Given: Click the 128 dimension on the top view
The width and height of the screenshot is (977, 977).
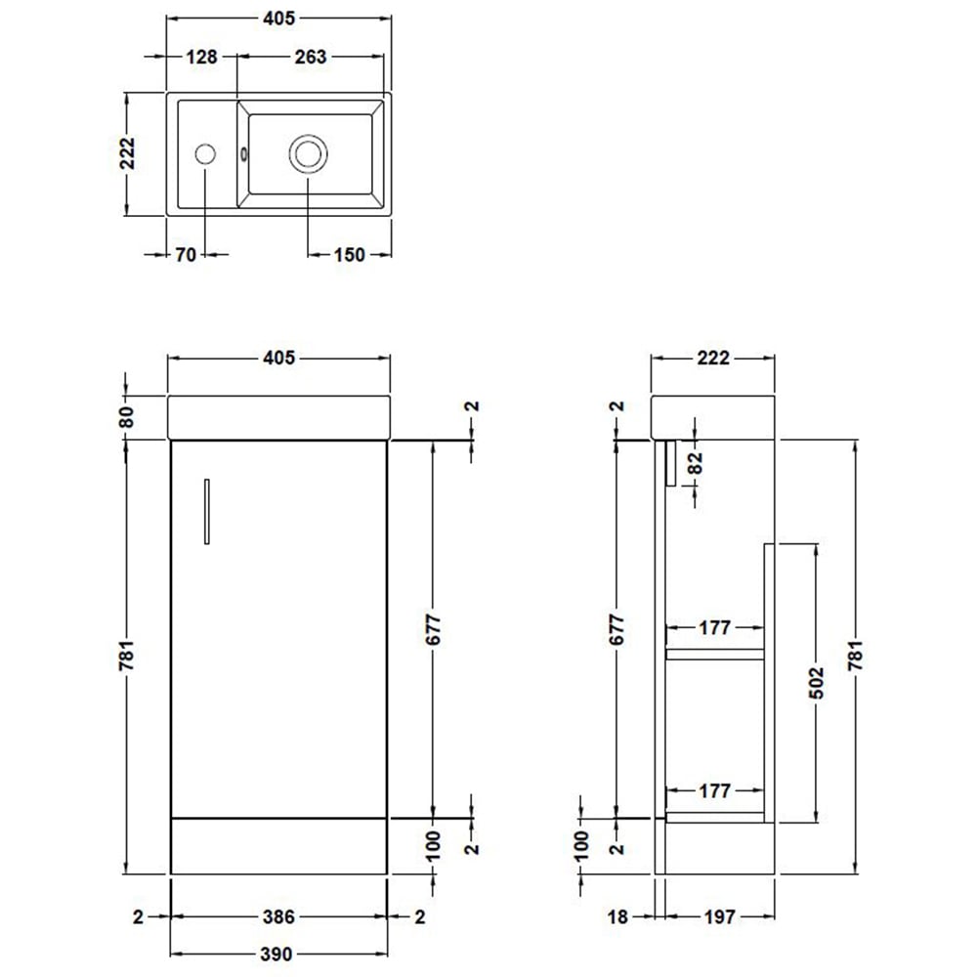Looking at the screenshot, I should coord(201,57).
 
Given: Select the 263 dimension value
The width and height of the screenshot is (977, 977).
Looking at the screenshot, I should coord(310,57).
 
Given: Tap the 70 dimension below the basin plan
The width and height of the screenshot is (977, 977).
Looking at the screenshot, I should coord(186,255).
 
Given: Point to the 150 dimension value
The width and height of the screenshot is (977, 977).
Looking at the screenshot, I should coord(348,255).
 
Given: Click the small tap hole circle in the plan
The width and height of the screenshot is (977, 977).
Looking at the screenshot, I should coord(205,153).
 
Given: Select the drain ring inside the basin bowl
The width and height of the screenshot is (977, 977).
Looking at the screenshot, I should coord(308,153).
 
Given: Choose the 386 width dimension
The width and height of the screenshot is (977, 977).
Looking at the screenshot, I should coord(279,917).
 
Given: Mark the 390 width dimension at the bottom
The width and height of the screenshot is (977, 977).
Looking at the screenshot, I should coord(279,954).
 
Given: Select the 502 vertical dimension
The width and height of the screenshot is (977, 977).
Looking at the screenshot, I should coord(817,683).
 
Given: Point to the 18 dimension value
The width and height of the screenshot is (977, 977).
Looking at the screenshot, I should coord(616,917).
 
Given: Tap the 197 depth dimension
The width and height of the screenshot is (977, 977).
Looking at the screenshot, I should coord(718,917).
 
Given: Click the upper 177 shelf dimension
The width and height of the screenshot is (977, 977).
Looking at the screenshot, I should coord(715,628).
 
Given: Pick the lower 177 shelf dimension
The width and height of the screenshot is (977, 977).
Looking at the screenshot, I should coord(715,791).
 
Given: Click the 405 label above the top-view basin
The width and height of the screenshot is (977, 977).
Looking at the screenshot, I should coord(278,19).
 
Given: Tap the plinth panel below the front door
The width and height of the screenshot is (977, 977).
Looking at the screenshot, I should coord(278,844).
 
